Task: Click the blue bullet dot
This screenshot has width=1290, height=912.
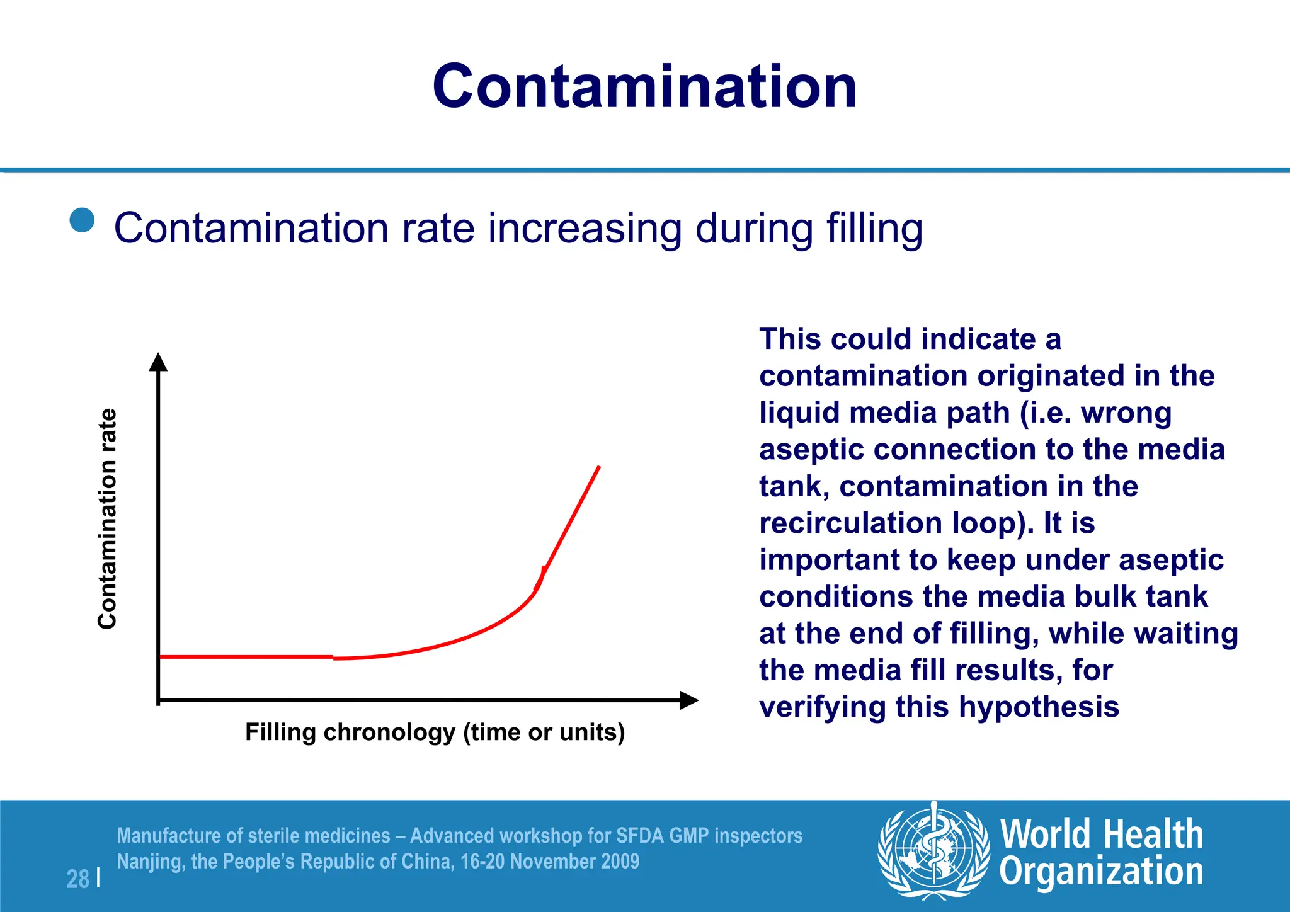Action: (x=82, y=220)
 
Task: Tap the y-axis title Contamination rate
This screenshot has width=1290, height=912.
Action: (x=108, y=518)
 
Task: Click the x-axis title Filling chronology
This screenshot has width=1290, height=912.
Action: (x=435, y=732)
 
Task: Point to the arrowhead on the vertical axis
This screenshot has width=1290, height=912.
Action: (x=158, y=362)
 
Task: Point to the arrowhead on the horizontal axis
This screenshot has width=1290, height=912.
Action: (x=689, y=700)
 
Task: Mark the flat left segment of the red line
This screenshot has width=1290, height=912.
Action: (x=246, y=657)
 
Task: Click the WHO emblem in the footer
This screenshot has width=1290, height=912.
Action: (x=933, y=851)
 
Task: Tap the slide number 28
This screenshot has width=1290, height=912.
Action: (x=78, y=879)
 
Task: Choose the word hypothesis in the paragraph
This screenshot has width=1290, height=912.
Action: (x=1039, y=707)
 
